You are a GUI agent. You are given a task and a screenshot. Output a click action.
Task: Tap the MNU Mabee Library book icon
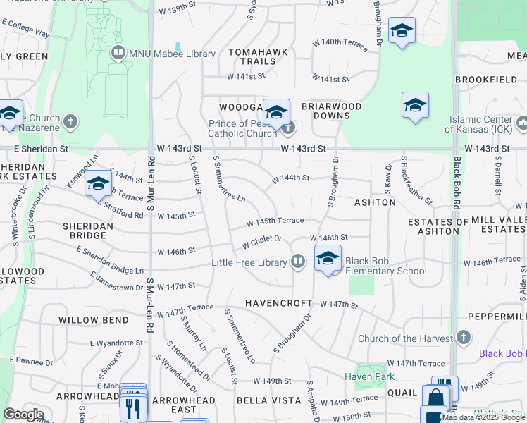click(118, 53)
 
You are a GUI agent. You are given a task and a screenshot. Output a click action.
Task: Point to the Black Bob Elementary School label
click(386, 271)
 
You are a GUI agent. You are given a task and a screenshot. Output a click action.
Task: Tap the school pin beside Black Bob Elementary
click(328, 259)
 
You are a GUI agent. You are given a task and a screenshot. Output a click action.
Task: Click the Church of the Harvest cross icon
click(463, 338)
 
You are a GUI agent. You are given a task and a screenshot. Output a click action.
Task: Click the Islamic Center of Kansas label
click(485, 124)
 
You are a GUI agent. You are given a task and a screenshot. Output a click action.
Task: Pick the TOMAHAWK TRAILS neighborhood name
click(252, 56)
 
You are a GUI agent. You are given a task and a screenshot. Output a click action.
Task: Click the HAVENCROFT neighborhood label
click(278, 303)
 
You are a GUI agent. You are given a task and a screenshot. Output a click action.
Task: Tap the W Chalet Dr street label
click(261, 242)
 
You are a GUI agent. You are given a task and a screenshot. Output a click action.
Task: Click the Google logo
click(23, 415)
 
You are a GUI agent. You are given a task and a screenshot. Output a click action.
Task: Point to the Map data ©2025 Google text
click(483, 417)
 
